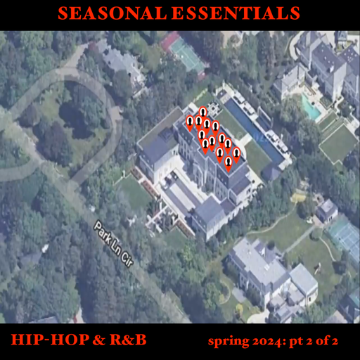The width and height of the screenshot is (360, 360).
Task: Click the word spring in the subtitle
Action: [226, 342]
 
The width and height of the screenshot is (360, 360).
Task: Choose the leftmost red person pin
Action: [190, 124]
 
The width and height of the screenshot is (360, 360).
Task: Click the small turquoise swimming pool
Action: [310, 109]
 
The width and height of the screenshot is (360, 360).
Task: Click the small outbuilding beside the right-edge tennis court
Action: [327, 210]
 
